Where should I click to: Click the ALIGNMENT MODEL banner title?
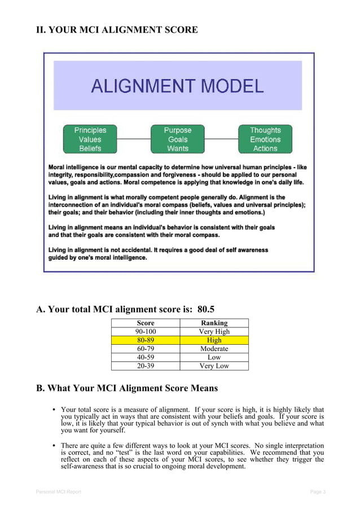(x=177, y=86)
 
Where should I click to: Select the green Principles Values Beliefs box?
(x=90, y=139)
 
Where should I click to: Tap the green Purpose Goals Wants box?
(x=178, y=139)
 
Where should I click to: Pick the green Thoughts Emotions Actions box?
(x=265, y=139)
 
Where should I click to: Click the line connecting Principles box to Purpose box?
(x=134, y=139)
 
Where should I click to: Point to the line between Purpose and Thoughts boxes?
(x=221, y=139)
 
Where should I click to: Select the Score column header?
(x=146, y=323)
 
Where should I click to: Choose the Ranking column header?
(x=214, y=323)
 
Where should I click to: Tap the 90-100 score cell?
(x=146, y=331)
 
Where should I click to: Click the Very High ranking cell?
(x=214, y=331)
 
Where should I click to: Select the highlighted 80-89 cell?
(x=146, y=340)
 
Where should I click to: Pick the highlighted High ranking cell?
(x=214, y=340)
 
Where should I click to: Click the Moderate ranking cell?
(x=214, y=349)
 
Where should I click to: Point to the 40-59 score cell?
(x=146, y=357)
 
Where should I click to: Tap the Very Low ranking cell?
(x=214, y=366)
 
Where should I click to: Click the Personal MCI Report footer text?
(x=59, y=492)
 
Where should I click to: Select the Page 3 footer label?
(x=318, y=492)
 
